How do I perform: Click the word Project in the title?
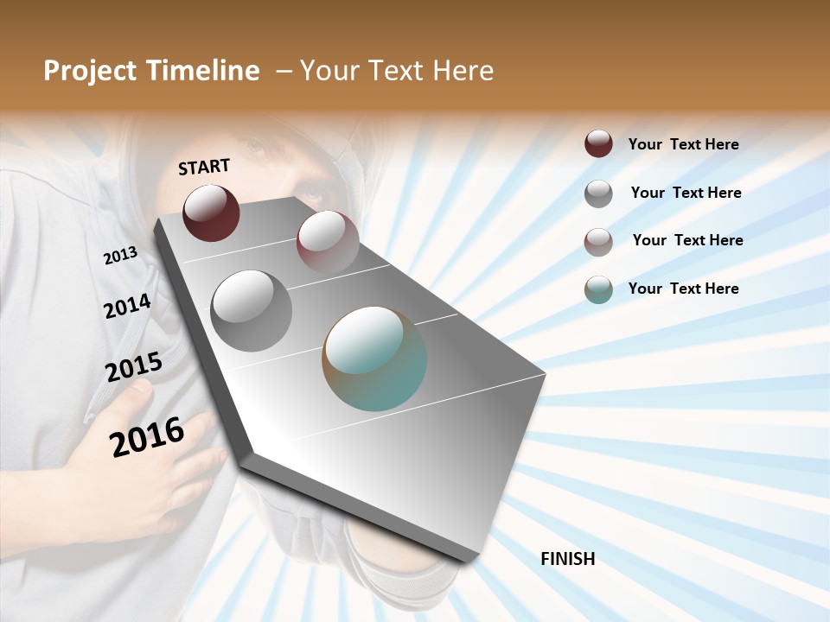point(91,71)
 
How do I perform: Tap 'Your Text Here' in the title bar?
point(397,71)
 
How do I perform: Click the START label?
point(204,167)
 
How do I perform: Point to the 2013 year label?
point(120,256)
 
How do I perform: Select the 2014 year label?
point(127,307)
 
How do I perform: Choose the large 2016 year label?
point(147,436)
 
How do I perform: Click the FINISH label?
point(568,559)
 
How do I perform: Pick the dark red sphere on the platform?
point(211,213)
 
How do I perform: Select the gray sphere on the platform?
point(252,310)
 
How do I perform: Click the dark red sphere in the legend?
point(598,143)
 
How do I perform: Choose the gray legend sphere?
point(598,193)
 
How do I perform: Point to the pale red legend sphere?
point(598,241)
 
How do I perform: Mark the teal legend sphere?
point(598,289)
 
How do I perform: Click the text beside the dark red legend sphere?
point(683,144)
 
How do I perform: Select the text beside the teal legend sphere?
point(683,289)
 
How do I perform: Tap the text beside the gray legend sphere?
point(686,193)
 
